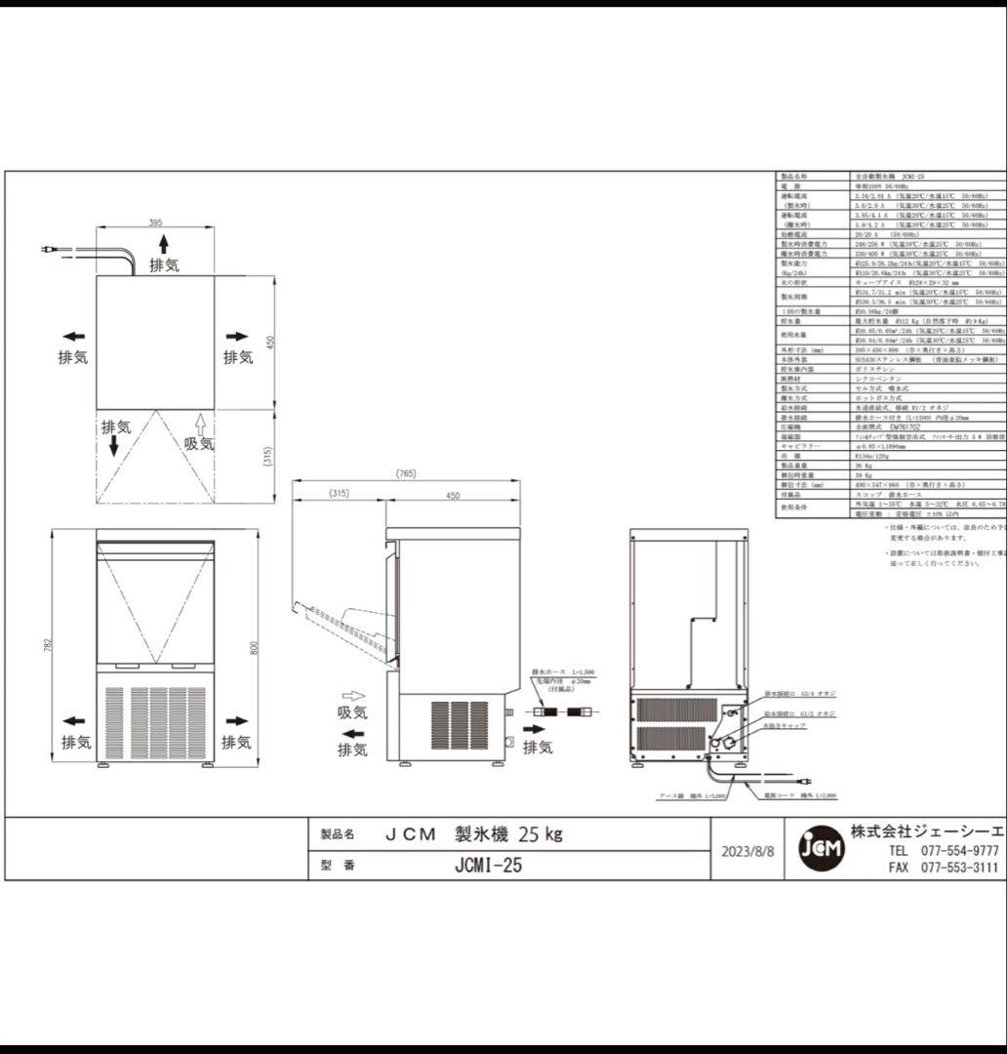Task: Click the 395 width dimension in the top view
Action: (x=155, y=223)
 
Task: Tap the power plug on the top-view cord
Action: (x=46, y=251)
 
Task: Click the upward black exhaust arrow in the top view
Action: (x=164, y=243)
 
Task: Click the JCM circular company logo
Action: (x=820, y=849)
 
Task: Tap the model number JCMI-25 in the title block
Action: (x=488, y=865)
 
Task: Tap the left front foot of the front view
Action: (x=104, y=766)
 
